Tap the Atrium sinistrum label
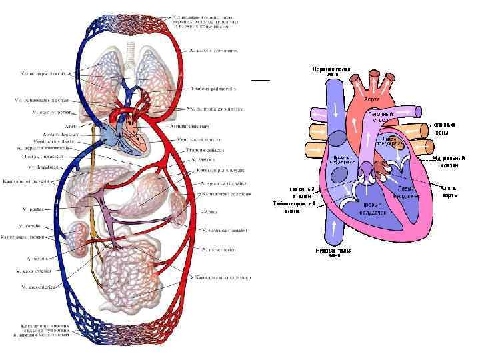coord(204,125)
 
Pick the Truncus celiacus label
coord(205,150)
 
